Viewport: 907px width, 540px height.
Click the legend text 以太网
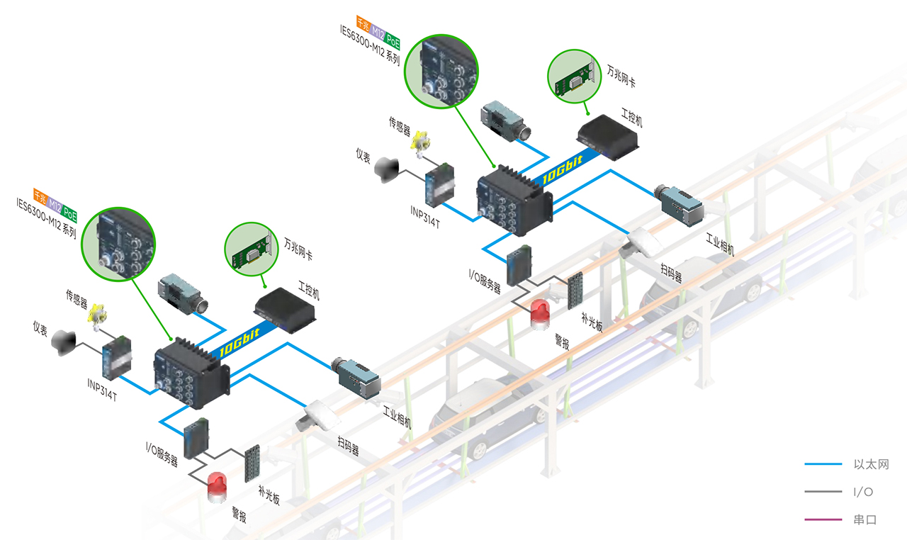[x=870, y=465]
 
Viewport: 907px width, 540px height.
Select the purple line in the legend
[x=824, y=520]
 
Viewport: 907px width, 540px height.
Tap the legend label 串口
[x=865, y=520]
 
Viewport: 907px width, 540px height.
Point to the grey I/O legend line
[x=824, y=492]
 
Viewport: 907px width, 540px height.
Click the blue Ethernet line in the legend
[x=824, y=465]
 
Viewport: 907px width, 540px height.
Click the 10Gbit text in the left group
[x=239, y=342]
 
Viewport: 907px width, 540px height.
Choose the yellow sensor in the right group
[x=422, y=140]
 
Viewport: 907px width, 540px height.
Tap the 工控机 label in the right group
[x=632, y=118]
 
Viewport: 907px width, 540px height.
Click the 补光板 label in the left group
[x=269, y=494]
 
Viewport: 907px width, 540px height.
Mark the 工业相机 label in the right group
[x=719, y=245]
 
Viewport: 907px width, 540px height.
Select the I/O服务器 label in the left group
[x=162, y=454]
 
